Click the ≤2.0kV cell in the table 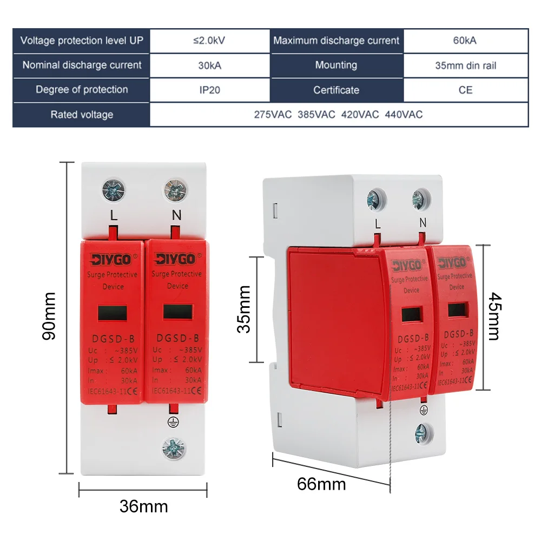[209, 41]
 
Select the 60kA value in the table [465, 41]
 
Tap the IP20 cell [209, 90]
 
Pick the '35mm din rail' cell [465, 65]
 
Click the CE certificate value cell [465, 90]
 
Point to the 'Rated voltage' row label [82, 115]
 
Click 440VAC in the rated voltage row [404, 115]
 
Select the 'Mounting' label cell [336, 65]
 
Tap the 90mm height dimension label [49, 316]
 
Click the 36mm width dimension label [143, 507]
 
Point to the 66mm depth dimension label [321, 483]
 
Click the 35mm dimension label [245, 309]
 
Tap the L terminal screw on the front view [113, 190]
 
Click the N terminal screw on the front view [176, 190]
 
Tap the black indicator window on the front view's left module [113, 313]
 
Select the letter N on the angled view [423, 222]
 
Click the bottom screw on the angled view [421, 431]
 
